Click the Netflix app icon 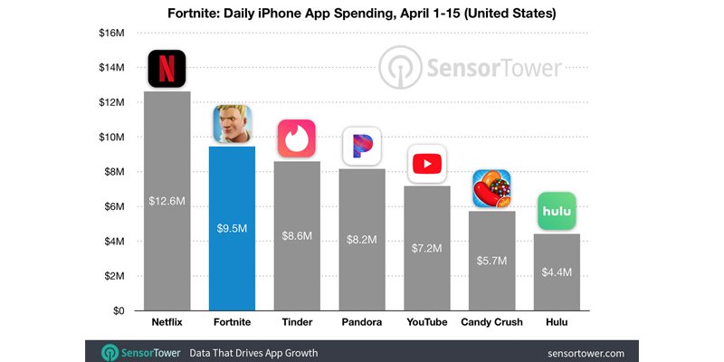[x=167, y=69]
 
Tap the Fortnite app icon [x=232, y=125]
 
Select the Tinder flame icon [x=297, y=138]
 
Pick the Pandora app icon [x=361, y=147]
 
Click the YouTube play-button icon [x=426, y=164]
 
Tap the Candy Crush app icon [x=491, y=189]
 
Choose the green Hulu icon [x=557, y=211]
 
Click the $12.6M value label [x=167, y=200]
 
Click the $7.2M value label [x=426, y=247]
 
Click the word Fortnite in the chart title [x=195, y=14]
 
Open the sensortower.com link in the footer [x=588, y=351]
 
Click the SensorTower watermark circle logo [x=399, y=69]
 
